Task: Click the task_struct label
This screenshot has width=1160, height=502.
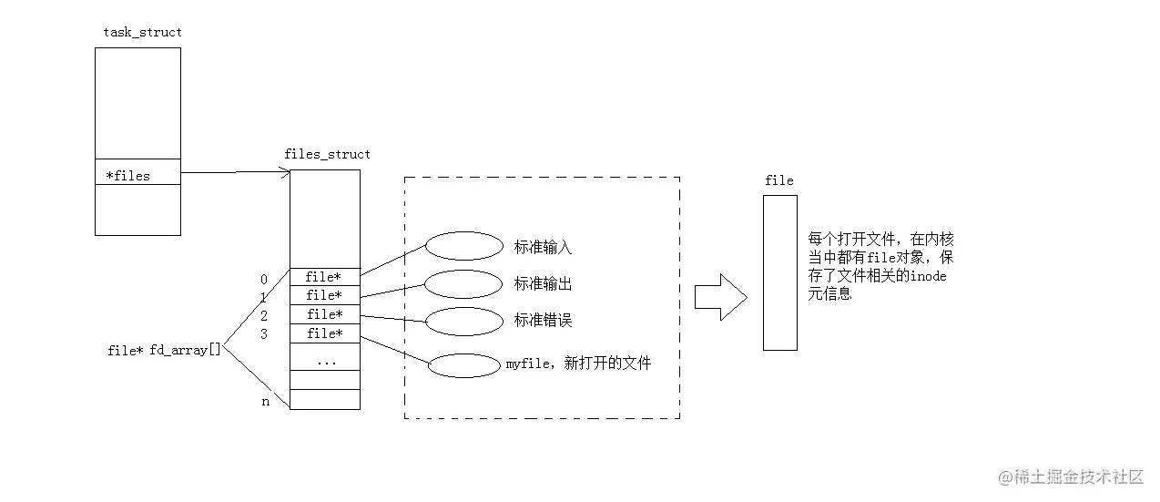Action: pos(142,32)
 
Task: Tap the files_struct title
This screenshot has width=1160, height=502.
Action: pos(327,154)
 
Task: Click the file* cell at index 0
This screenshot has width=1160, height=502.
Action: pos(324,277)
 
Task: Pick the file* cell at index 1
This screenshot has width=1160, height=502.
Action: pos(324,295)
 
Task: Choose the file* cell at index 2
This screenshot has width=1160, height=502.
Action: pos(324,314)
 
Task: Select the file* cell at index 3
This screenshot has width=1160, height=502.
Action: pos(324,333)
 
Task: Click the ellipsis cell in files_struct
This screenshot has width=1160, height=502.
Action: pos(324,360)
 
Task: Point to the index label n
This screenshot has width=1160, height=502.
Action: pos(266,402)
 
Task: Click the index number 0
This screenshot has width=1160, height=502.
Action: pos(264,280)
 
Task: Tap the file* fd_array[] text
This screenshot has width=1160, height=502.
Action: pos(164,350)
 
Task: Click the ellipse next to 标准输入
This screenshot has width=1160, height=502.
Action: pos(463,246)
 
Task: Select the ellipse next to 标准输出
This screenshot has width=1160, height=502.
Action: pos(463,283)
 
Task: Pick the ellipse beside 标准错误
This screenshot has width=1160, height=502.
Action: pos(463,321)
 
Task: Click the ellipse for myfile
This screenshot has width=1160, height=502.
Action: pos(463,364)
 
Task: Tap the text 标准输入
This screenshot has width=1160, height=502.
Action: pos(543,247)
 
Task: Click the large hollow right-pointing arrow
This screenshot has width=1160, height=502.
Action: pos(720,297)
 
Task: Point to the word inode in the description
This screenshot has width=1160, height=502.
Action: pos(928,276)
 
